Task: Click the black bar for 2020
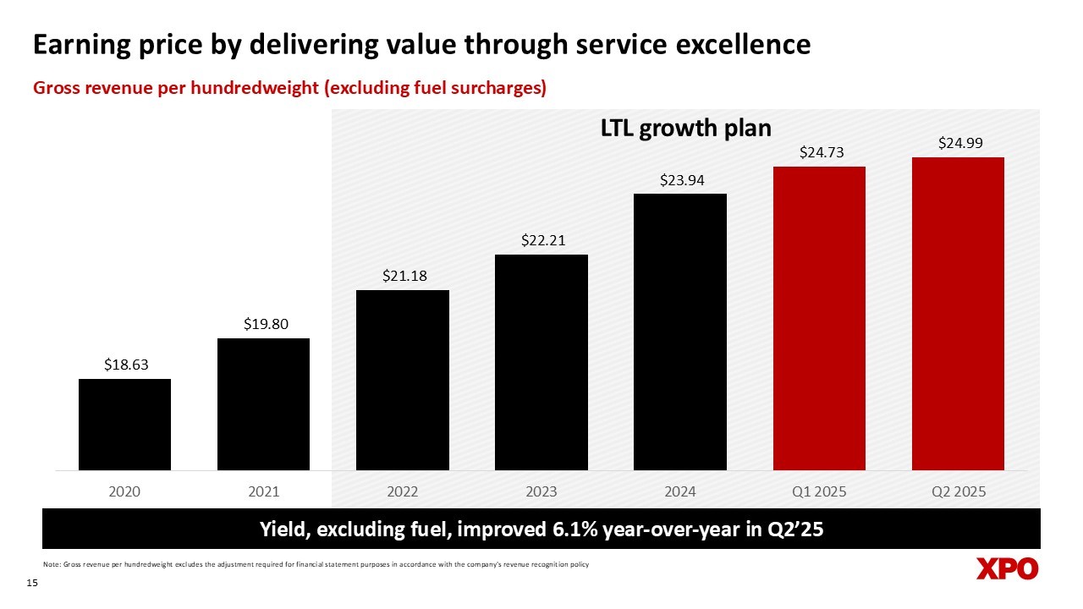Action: tap(124, 425)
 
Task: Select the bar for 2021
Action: tap(263, 404)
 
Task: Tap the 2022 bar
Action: tap(402, 380)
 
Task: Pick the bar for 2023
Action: tap(541, 362)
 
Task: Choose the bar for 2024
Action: tap(679, 332)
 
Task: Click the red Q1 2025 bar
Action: tap(819, 318)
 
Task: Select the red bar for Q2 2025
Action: tap(958, 314)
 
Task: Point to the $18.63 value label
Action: tap(124, 365)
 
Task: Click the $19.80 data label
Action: tap(263, 323)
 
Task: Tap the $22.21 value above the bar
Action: tap(541, 240)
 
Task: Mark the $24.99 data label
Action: tap(959, 143)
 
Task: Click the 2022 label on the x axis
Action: tap(402, 491)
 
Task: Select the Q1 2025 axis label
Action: tap(819, 491)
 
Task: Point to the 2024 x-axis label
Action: tap(679, 491)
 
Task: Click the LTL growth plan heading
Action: tap(685, 129)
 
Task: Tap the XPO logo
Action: tap(1007, 569)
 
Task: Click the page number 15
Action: tap(34, 584)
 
